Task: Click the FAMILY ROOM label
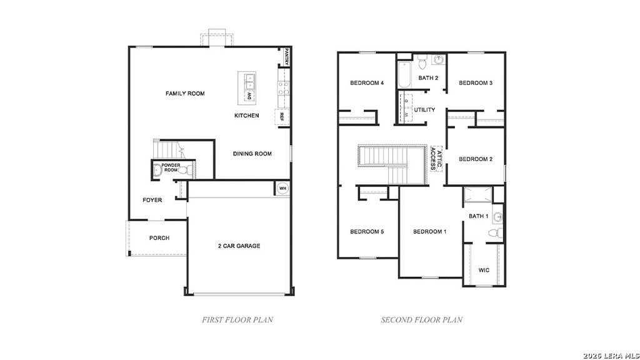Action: (x=185, y=94)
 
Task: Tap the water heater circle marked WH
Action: (x=282, y=188)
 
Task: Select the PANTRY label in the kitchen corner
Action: (x=287, y=57)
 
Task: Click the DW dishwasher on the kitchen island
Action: (x=249, y=96)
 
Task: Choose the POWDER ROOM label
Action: (x=171, y=167)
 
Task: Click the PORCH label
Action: (x=159, y=238)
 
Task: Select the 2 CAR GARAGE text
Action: (x=239, y=246)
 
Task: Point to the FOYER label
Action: (x=152, y=201)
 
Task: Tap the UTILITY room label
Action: (x=424, y=110)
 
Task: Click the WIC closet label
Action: (x=484, y=271)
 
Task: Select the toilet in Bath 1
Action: (x=494, y=232)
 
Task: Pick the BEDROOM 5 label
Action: (x=367, y=232)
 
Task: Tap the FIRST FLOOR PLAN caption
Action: (x=237, y=320)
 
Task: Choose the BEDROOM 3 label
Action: (x=476, y=83)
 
